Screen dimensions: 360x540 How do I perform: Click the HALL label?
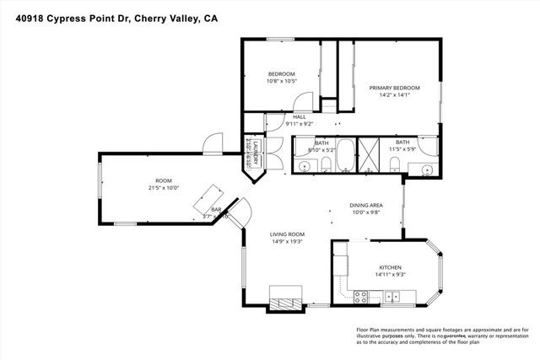click(x=299, y=117)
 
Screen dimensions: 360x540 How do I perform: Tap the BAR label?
click(x=216, y=209)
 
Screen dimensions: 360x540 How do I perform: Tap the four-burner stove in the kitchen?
click(x=359, y=296)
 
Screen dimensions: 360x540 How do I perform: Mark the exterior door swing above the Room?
click(x=215, y=141)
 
